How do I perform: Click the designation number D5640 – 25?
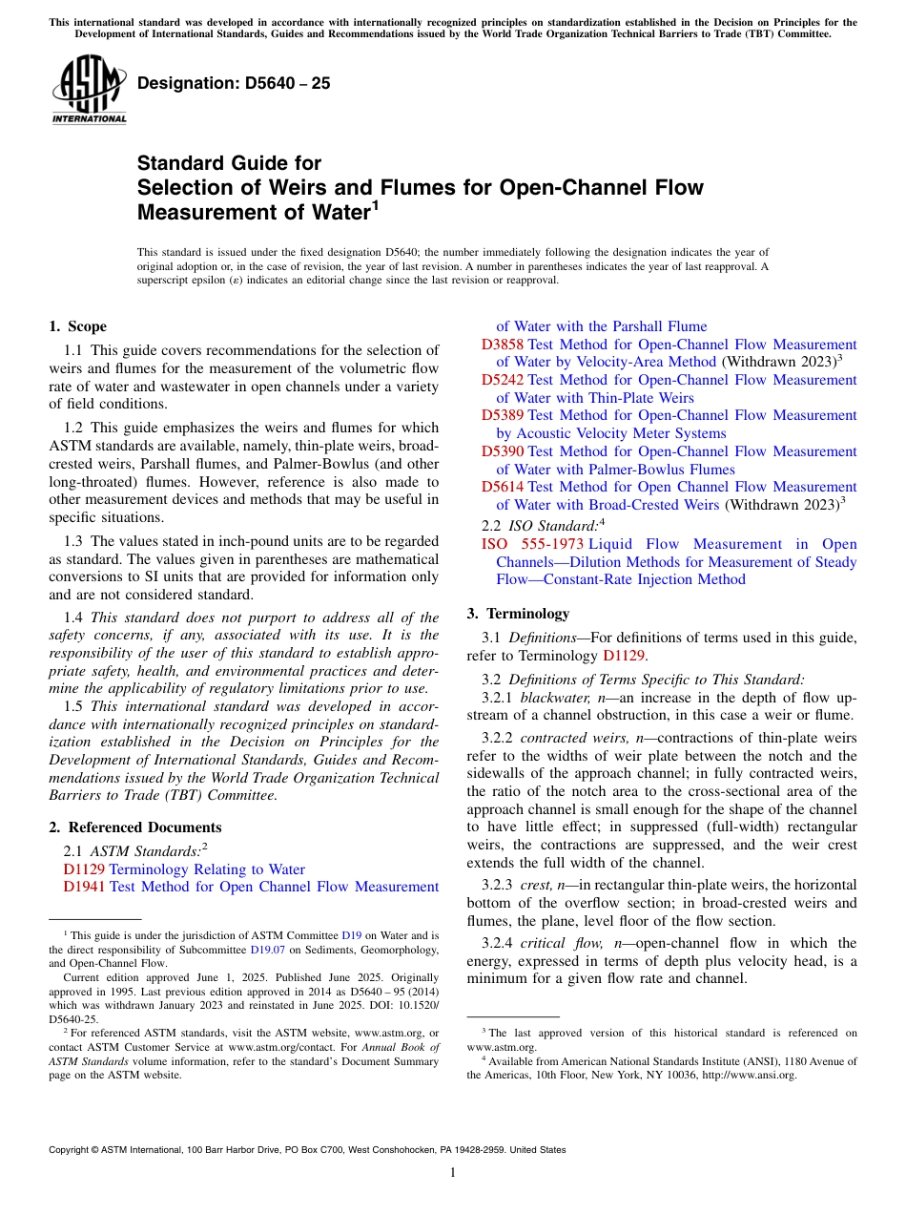[x=234, y=83]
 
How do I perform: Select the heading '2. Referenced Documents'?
[x=134, y=827]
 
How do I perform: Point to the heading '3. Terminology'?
[x=518, y=614]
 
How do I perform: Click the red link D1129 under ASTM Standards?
[x=84, y=869]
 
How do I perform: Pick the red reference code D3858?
[x=503, y=345]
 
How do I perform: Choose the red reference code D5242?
[x=503, y=380]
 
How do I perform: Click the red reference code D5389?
[x=503, y=415]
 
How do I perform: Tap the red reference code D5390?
[x=503, y=451]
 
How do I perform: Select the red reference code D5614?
[x=503, y=487]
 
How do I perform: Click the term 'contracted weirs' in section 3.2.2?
[x=567, y=738]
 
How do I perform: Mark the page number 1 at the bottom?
[x=453, y=1172]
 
